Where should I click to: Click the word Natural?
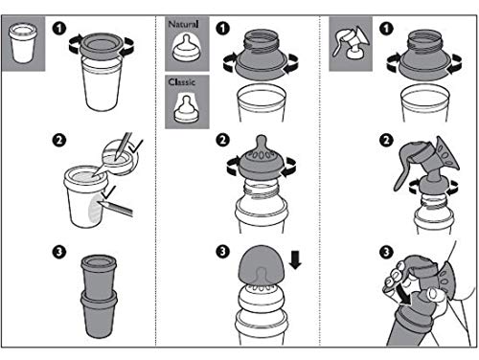coord(183,24)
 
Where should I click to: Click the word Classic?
coord(181,82)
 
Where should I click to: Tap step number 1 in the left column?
coord(59,28)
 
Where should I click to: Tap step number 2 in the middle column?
coord(222,140)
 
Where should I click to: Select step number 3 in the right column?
coord(386,252)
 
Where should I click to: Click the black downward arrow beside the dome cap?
coord(295,259)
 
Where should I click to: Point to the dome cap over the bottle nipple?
coord(262,263)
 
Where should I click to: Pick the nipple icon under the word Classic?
coord(186,108)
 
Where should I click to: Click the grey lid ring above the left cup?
coord(102,45)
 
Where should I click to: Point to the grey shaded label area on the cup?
coord(96,208)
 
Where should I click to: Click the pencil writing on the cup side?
coord(117,207)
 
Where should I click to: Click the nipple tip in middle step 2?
coord(262,142)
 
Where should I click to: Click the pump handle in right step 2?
coord(403,166)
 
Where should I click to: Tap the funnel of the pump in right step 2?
coord(447,155)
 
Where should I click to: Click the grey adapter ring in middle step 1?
coord(261,65)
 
